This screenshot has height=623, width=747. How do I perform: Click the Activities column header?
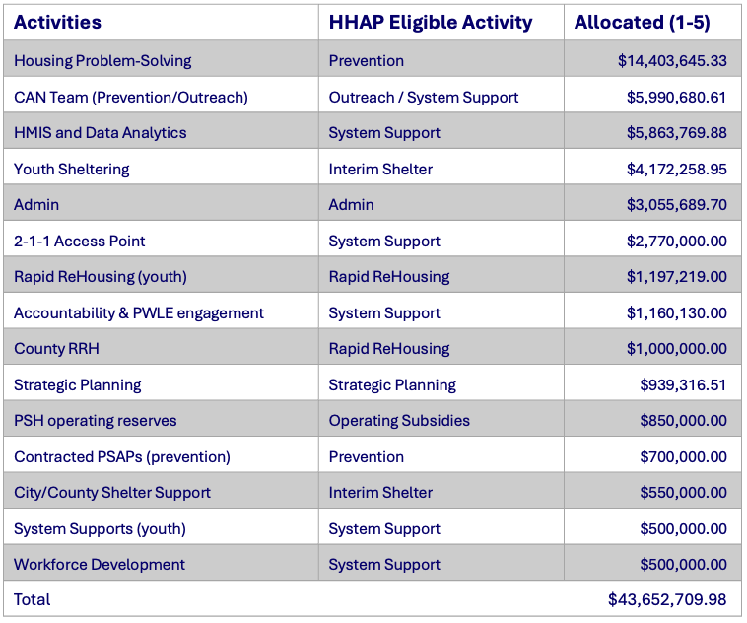pyautogui.click(x=57, y=22)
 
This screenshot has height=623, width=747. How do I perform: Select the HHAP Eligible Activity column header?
pyautogui.click(x=431, y=23)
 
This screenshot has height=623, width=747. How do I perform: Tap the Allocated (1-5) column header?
pyautogui.click(x=643, y=23)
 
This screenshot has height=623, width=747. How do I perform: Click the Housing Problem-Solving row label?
pyautogui.click(x=102, y=60)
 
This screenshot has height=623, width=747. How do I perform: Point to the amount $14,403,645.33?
pyautogui.click(x=672, y=60)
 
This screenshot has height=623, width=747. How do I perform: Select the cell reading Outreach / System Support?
pyautogui.click(x=424, y=98)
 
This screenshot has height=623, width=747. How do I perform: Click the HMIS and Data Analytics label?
pyautogui.click(x=101, y=132)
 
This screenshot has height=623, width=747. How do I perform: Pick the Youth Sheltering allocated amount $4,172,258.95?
pyautogui.click(x=676, y=170)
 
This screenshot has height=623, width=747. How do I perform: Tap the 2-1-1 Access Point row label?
pyautogui.click(x=80, y=241)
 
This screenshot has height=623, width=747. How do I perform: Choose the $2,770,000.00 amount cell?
pyautogui.click(x=676, y=242)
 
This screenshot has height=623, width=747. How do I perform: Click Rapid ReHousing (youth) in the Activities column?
pyautogui.click(x=101, y=277)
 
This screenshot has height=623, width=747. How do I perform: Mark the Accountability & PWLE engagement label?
pyautogui.click(x=139, y=313)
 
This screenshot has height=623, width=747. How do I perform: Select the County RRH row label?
pyautogui.click(x=57, y=348)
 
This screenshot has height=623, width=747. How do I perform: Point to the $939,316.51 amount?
pyautogui.click(x=683, y=385)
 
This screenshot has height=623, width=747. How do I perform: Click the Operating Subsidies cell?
pyautogui.click(x=399, y=420)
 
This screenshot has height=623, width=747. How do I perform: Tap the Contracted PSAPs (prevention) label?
pyautogui.click(x=122, y=457)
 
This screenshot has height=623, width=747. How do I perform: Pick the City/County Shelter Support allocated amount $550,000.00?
pyautogui.click(x=683, y=493)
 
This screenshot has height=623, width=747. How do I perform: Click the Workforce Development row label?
pyautogui.click(x=100, y=565)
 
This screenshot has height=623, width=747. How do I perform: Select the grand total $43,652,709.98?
pyautogui.click(x=667, y=599)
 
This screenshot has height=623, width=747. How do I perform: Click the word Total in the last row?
pyautogui.click(x=32, y=599)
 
